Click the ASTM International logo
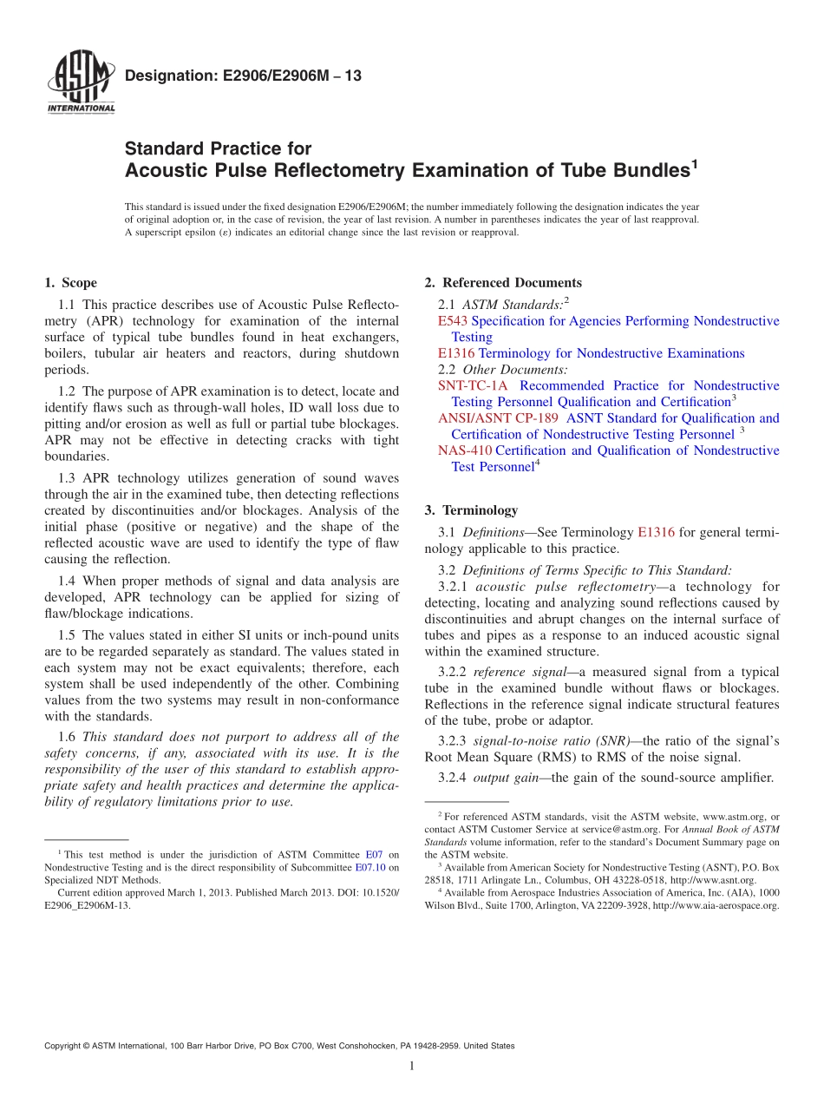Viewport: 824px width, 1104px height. [80, 83]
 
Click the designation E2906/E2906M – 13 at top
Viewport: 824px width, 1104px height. [244, 76]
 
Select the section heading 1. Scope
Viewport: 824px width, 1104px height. [70, 283]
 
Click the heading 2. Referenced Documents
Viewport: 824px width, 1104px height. [503, 283]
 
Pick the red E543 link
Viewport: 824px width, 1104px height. [453, 321]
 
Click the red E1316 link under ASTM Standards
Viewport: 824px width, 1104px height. [456, 353]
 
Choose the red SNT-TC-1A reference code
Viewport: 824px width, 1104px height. [474, 385]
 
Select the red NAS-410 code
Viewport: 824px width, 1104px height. [465, 450]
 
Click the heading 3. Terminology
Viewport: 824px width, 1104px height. [471, 510]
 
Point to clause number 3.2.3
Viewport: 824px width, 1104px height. [453, 741]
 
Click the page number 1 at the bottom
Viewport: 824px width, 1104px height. [412, 1066]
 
